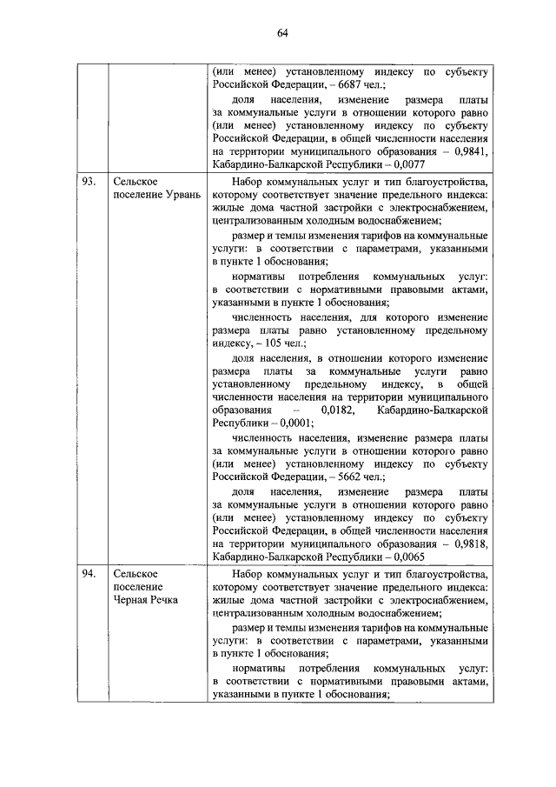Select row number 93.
(x=88, y=182)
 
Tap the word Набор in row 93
(x=251, y=182)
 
